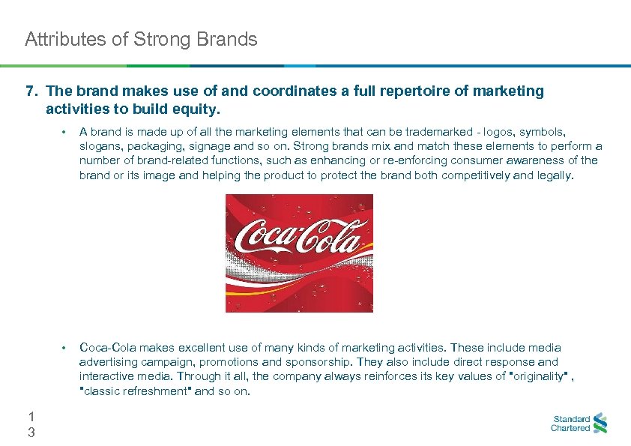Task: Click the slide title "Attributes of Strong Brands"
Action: (x=141, y=39)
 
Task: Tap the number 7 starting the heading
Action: (x=31, y=91)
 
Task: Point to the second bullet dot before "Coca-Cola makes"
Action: (x=65, y=348)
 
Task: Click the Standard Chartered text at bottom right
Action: (x=570, y=424)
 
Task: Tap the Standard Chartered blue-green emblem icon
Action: (x=600, y=424)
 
